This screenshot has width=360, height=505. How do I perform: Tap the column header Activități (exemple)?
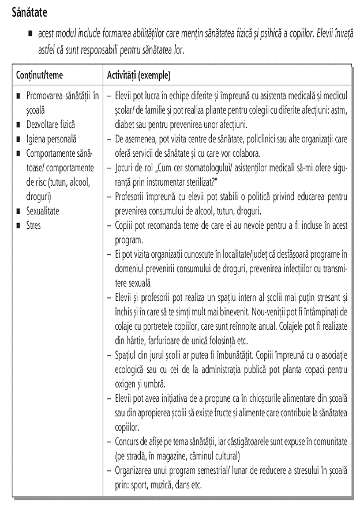[138, 76]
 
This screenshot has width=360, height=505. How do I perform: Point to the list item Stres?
[34, 225]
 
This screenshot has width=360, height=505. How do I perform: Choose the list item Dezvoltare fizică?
[51, 124]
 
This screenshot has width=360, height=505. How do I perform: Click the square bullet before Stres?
[19, 225]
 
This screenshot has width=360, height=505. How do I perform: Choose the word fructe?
[221, 413]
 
